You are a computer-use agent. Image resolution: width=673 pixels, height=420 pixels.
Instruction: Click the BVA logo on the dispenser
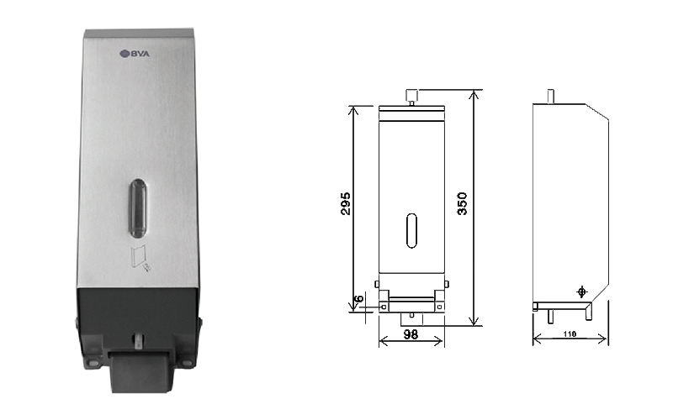pyautogui.click(x=135, y=54)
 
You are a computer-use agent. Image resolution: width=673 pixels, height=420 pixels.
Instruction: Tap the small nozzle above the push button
pyautogui.click(x=138, y=339)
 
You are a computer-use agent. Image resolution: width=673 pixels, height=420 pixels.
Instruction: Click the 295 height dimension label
pyautogui.click(x=346, y=203)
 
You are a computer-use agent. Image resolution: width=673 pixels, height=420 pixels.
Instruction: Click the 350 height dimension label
pyautogui.click(x=462, y=203)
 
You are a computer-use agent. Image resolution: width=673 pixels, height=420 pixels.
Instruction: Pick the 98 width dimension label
pyautogui.click(x=411, y=334)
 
